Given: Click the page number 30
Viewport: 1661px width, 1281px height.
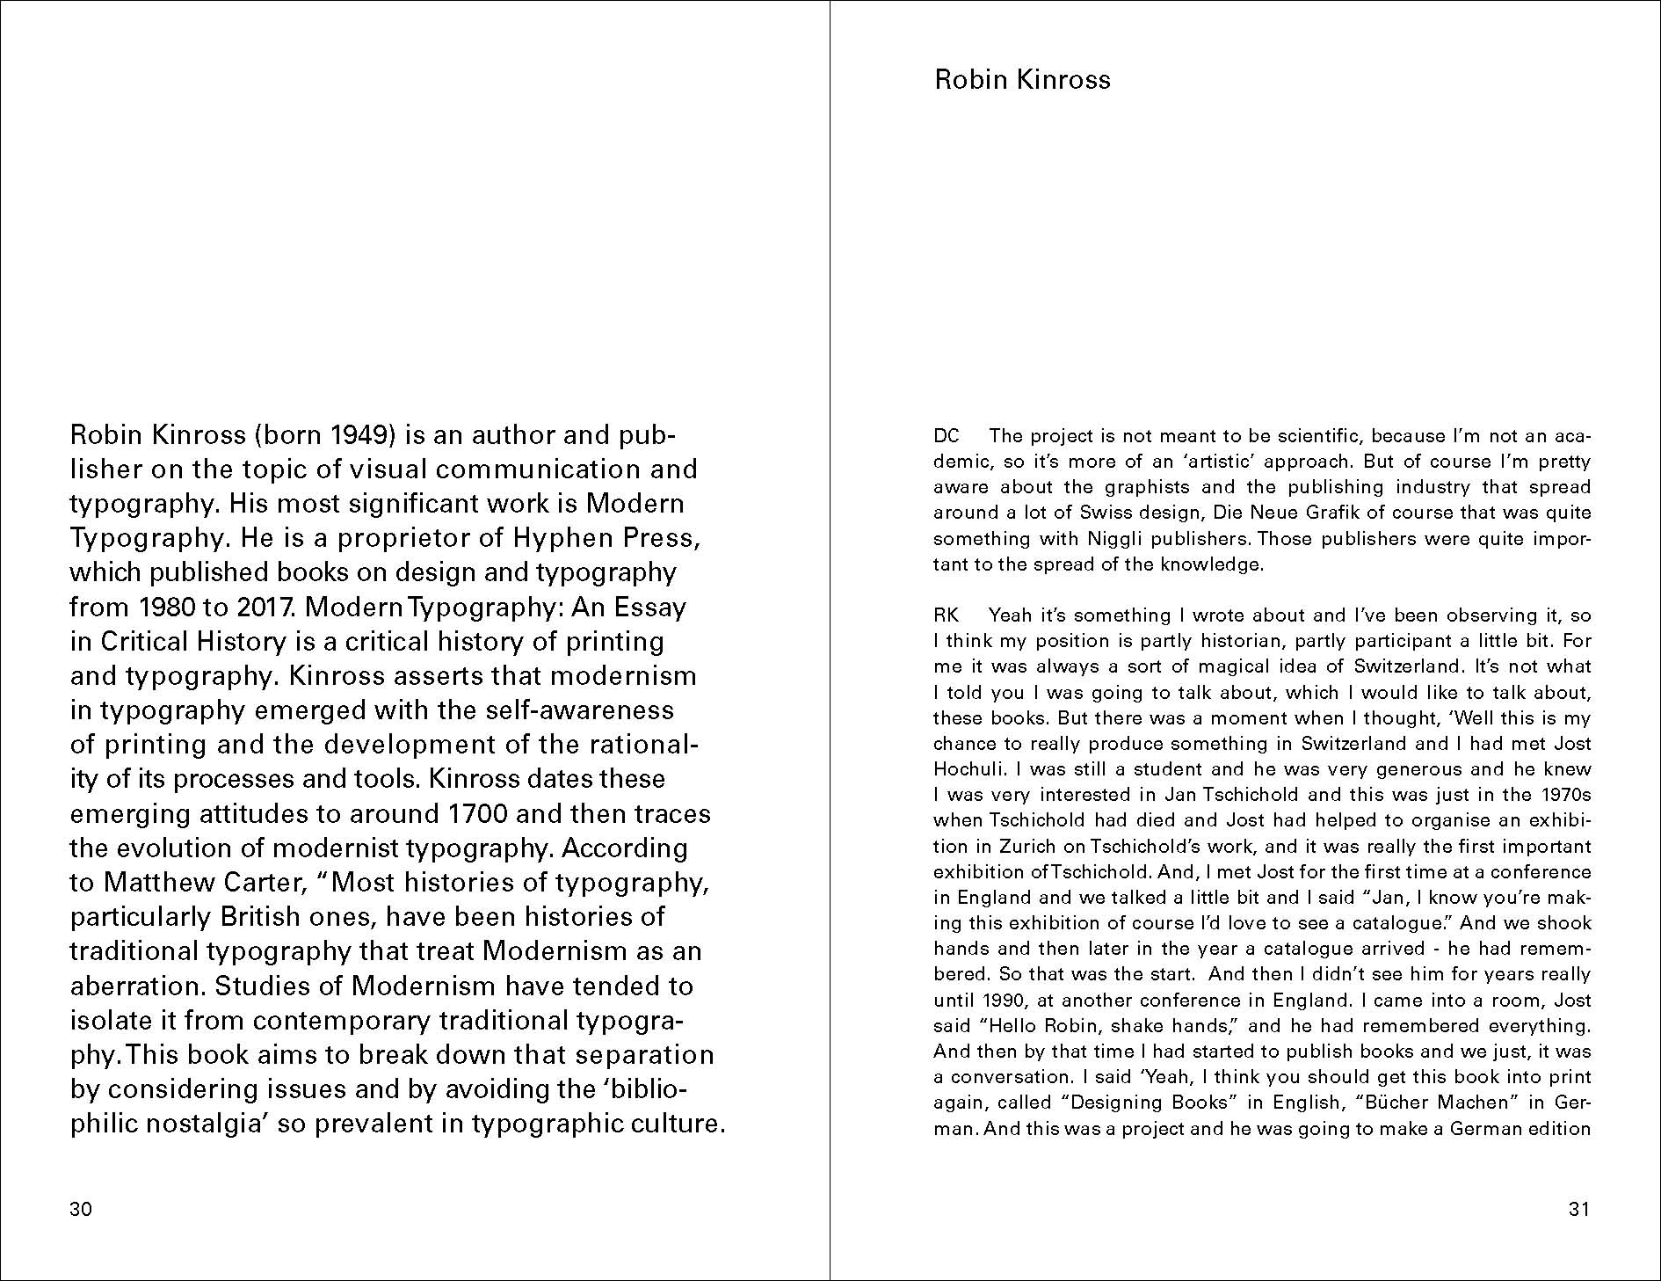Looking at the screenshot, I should [80, 1209].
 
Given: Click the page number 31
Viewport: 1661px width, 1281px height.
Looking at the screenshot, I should [1578, 1209].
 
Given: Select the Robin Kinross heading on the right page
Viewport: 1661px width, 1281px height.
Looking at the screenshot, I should [1022, 80].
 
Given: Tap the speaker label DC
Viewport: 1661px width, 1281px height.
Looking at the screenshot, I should [947, 436].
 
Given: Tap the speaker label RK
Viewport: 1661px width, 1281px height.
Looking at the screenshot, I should [947, 615].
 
